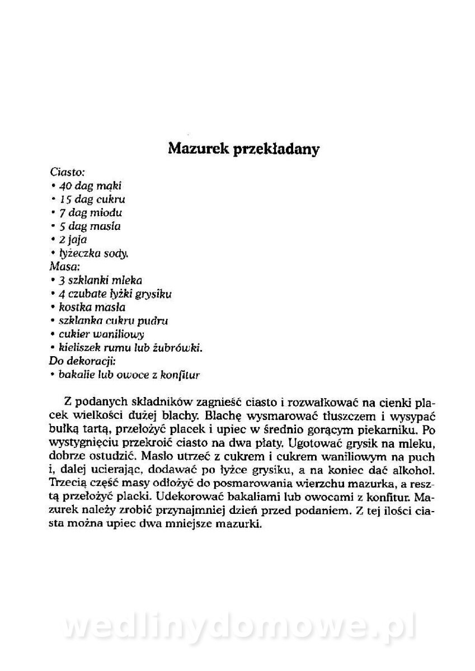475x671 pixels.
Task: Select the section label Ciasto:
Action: [67, 172]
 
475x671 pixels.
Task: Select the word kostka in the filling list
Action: [74, 307]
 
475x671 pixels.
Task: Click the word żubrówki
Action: [179, 348]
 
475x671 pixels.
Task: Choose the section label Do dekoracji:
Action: [82, 361]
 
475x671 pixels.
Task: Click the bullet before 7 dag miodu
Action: [52, 213]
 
